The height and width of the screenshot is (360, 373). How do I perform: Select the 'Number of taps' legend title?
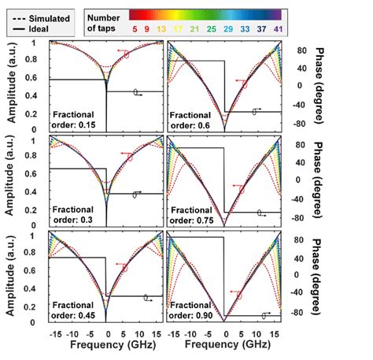tap(105, 21)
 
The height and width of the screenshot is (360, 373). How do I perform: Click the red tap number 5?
tap(137, 29)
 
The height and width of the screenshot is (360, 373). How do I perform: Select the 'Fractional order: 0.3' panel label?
tap(76, 213)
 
